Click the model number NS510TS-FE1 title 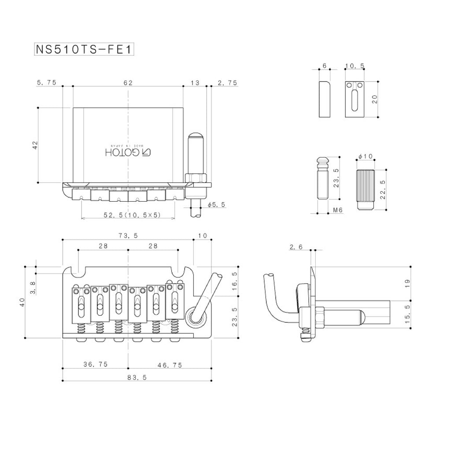(84, 49)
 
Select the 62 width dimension (128, 82)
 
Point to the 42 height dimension (35, 145)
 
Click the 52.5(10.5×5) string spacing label (132, 215)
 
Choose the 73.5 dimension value (128, 236)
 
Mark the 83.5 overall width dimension (128, 377)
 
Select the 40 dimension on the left (22, 302)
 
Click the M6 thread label (338, 211)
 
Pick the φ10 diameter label (366, 156)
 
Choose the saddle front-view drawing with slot (355, 100)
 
